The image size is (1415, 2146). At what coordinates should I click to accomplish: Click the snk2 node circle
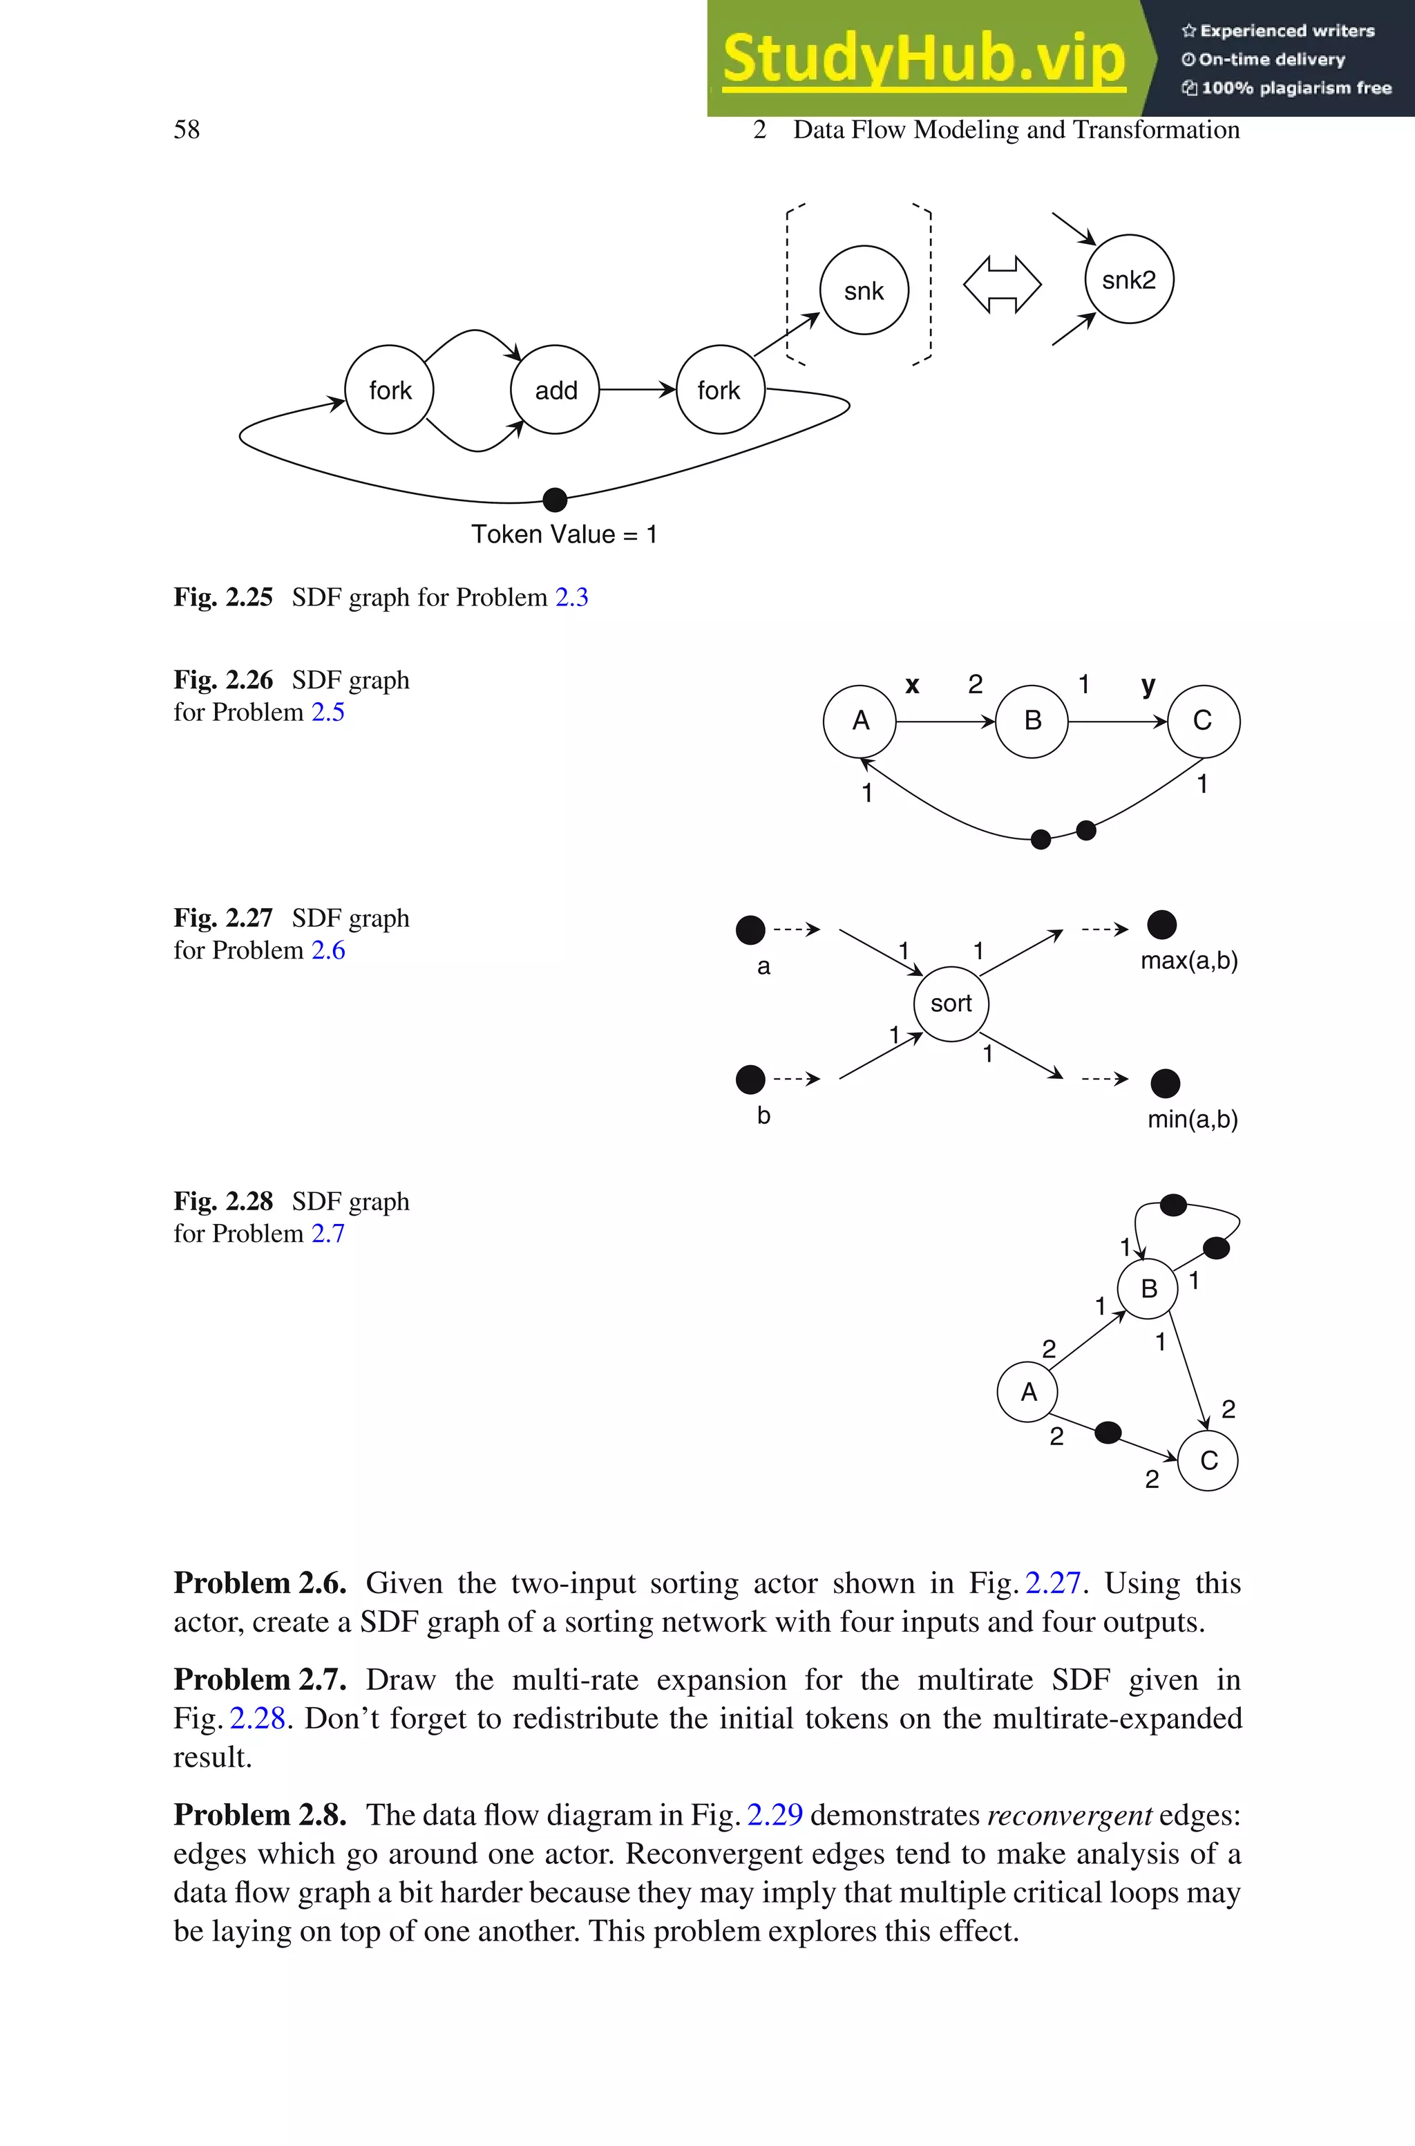(1128, 280)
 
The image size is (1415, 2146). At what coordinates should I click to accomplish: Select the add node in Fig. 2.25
(555, 390)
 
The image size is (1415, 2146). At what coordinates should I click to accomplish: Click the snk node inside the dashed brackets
(864, 290)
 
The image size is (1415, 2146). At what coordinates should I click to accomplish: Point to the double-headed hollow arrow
(1002, 284)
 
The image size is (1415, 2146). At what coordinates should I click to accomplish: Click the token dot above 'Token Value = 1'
(555, 499)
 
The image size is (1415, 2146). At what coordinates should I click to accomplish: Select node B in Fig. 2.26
(1032, 721)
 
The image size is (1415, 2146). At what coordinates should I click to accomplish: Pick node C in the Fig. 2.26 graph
(1203, 721)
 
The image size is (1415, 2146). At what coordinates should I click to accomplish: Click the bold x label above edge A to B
(912, 685)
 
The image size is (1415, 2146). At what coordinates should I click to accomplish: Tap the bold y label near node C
(1148, 686)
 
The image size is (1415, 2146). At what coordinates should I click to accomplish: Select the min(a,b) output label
(1192, 1120)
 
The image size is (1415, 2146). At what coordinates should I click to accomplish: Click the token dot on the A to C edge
(1108, 1432)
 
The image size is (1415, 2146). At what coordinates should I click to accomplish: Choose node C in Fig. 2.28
(1208, 1461)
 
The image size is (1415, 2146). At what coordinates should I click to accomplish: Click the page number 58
(187, 130)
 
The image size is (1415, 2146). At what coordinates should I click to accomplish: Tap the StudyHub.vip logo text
(923, 59)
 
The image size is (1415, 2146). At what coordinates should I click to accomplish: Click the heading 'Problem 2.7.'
(260, 1680)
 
